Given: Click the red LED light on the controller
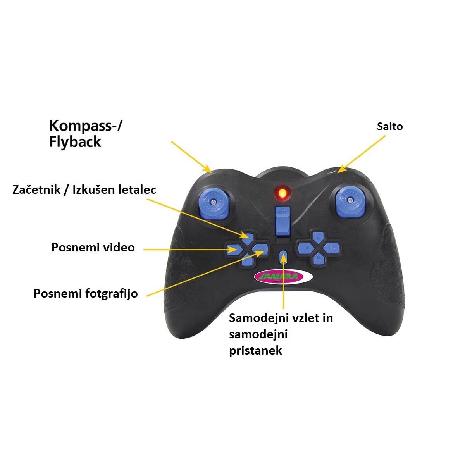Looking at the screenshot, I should pyautogui.click(x=282, y=192).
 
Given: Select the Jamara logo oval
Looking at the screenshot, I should pyautogui.click(x=283, y=277).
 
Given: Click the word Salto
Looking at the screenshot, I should pyautogui.click(x=390, y=126).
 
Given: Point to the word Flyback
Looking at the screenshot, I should pyautogui.click(x=75, y=142).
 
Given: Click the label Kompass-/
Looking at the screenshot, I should pyautogui.click(x=86, y=126).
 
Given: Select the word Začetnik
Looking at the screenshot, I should pyautogui.click(x=36, y=189).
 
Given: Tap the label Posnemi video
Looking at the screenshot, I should pyautogui.click(x=93, y=248).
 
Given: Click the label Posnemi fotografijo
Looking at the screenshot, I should pyautogui.click(x=86, y=293).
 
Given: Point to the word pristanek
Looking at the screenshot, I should pyautogui.click(x=255, y=351).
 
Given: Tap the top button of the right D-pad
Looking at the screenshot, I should pyautogui.click(x=318, y=237).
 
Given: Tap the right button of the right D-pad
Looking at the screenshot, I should pyautogui.click(x=331, y=248).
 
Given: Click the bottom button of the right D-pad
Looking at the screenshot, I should pyautogui.click(x=318, y=258).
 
